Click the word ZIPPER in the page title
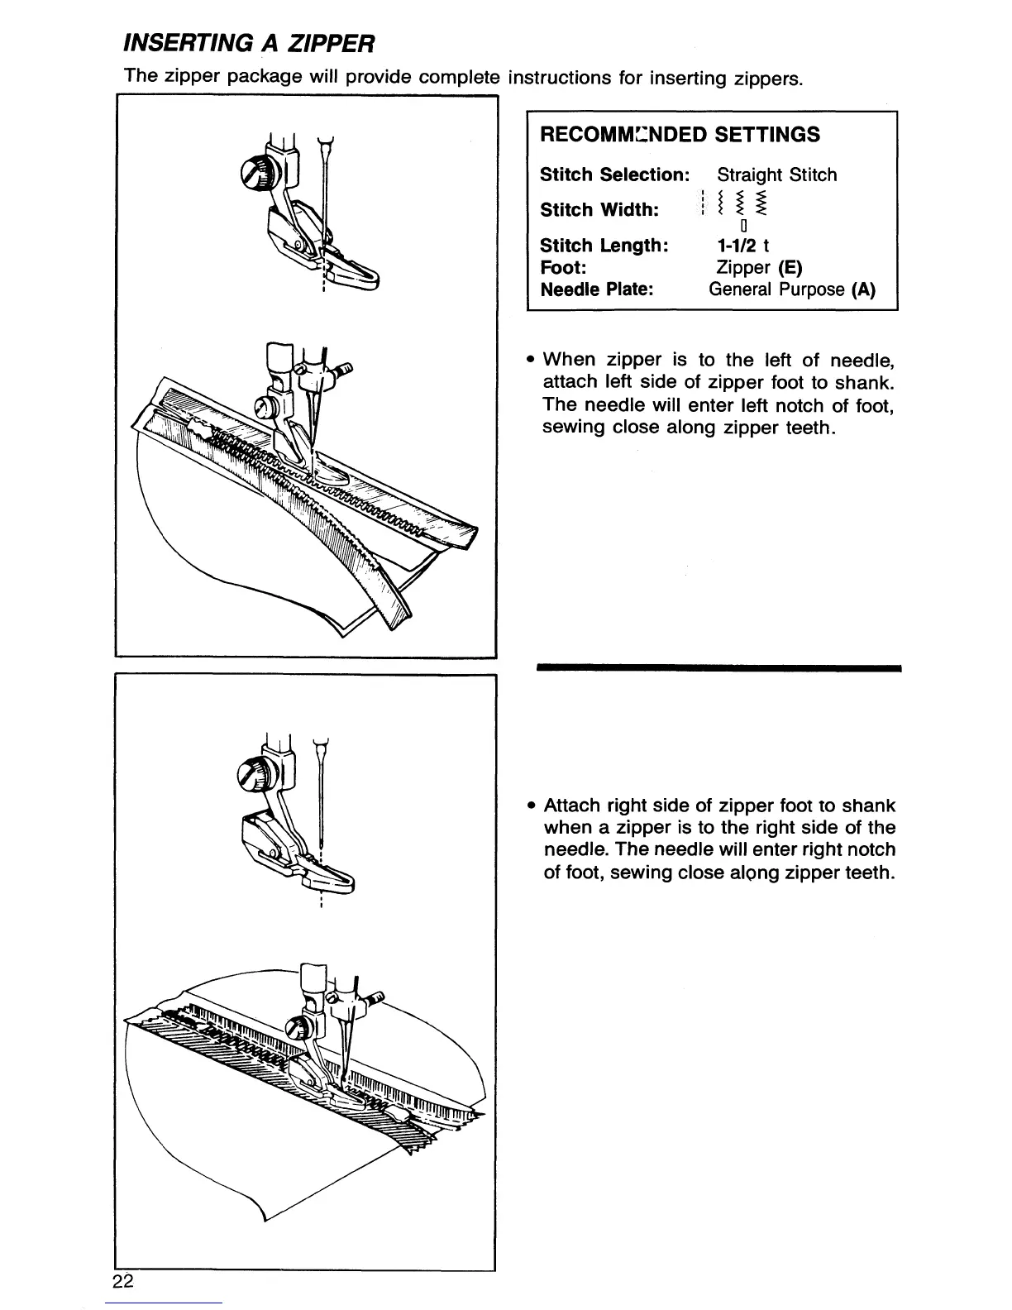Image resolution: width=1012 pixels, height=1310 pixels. coord(331,43)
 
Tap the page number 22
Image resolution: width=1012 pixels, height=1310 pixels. coord(123,1280)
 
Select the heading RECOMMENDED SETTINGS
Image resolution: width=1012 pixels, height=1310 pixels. coord(680,135)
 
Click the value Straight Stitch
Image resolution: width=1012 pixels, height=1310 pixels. coord(777,175)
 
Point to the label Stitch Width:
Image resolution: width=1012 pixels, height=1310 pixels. coord(599,210)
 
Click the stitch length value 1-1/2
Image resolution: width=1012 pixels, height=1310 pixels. coord(737,246)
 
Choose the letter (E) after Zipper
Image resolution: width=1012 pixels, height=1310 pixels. coord(790,267)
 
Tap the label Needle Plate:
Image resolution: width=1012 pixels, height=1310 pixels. coord(597,289)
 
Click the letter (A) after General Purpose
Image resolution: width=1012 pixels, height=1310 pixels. coord(863,289)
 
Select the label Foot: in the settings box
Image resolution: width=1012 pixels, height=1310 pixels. coord(563,267)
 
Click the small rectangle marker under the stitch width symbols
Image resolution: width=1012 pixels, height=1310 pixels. coord(744,226)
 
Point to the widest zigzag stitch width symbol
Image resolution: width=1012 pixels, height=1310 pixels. coord(761,203)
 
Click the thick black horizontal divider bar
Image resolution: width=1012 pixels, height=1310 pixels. coord(719,668)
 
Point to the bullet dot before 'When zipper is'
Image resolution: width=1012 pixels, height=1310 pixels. coord(531,360)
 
